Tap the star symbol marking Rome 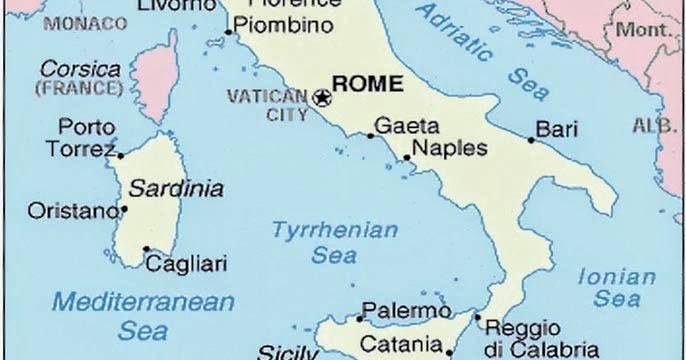click(x=322, y=98)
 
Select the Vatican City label click(x=269, y=104)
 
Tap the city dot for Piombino click(x=228, y=32)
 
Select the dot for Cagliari click(x=146, y=250)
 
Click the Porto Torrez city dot click(x=121, y=155)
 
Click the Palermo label click(x=400, y=310)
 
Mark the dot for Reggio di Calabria click(x=477, y=320)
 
